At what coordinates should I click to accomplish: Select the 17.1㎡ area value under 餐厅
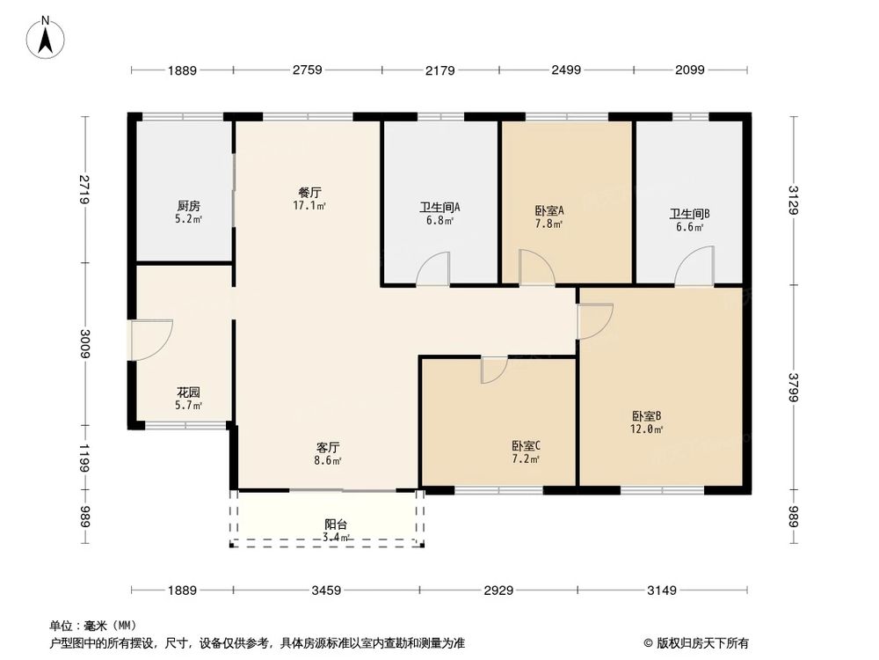point(309,207)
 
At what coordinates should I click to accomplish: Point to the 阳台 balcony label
point(336,524)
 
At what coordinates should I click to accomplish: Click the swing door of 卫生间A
point(433,268)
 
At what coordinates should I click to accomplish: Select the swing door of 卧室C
point(494,370)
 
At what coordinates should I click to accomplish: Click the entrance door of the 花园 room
point(149,340)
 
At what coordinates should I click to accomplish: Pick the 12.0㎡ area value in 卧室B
point(647,429)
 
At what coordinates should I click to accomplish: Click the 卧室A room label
point(548,210)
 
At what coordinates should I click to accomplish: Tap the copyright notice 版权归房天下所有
point(703,642)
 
